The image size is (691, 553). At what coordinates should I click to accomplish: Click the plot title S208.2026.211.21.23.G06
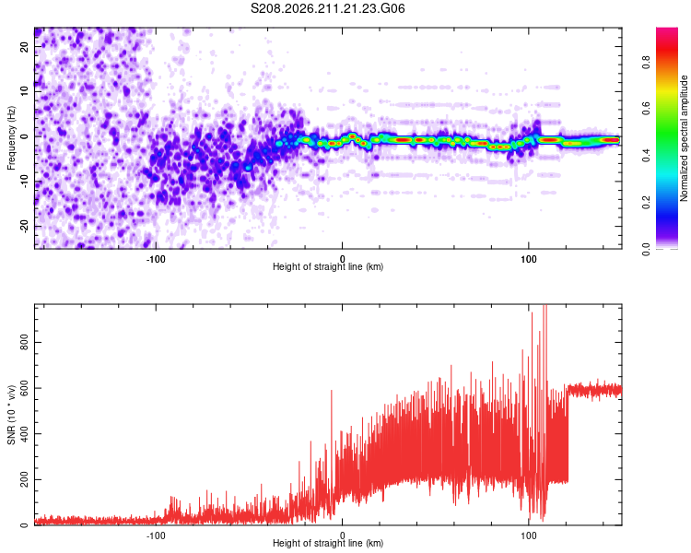pyautogui.click(x=327, y=8)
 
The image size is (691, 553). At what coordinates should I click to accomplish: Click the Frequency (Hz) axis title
pyautogui.click(x=11, y=138)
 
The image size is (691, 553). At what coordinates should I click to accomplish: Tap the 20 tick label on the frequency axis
pyautogui.click(x=24, y=46)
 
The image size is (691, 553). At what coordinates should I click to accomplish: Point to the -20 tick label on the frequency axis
pyautogui.click(x=24, y=226)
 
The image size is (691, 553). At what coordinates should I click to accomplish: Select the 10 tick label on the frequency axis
pyautogui.click(x=24, y=91)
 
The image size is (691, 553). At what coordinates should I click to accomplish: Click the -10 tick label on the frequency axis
pyautogui.click(x=24, y=182)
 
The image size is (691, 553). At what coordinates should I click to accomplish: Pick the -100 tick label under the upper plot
pyautogui.click(x=156, y=259)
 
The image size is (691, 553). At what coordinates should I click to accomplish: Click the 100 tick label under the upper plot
pyautogui.click(x=529, y=259)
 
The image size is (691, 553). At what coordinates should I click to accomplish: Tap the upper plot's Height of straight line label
pyautogui.click(x=328, y=266)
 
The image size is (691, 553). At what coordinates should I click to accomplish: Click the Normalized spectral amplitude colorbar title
pyautogui.click(x=684, y=138)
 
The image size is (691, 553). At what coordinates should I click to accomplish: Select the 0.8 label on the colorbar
pyautogui.click(x=646, y=62)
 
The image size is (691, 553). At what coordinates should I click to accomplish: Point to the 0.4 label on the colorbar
pyautogui.click(x=646, y=155)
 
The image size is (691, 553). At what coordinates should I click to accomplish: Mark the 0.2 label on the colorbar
pyautogui.click(x=646, y=202)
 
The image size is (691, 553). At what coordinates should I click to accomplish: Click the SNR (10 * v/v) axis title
pyautogui.click(x=11, y=415)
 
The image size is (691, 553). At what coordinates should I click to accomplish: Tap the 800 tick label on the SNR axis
pyautogui.click(x=24, y=342)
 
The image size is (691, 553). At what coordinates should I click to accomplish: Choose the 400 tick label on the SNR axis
pyautogui.click(x=24, y=433)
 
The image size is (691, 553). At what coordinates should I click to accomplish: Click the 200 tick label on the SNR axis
pyautogui.click(x=24, y=479)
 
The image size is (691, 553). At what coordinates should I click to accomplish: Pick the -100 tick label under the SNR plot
pyautogui.click(x=156, y=535)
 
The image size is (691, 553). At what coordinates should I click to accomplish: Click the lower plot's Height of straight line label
pyautogui.click(x=328, y=543)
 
